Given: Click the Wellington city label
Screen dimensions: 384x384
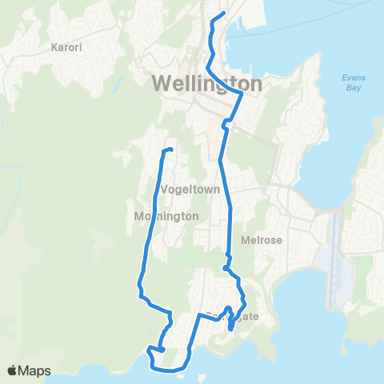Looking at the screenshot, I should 206,83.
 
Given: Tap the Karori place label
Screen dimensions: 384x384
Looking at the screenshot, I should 66,47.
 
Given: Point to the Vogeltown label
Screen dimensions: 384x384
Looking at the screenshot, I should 186,190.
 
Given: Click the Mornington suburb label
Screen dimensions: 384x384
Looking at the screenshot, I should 166,216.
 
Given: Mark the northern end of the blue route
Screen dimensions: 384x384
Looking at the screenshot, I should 222,14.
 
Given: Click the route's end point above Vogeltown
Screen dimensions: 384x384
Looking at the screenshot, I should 170,150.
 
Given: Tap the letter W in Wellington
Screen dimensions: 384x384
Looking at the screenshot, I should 161,83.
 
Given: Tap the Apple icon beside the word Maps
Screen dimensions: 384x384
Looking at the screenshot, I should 13,370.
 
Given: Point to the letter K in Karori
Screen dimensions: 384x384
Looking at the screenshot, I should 54,47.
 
